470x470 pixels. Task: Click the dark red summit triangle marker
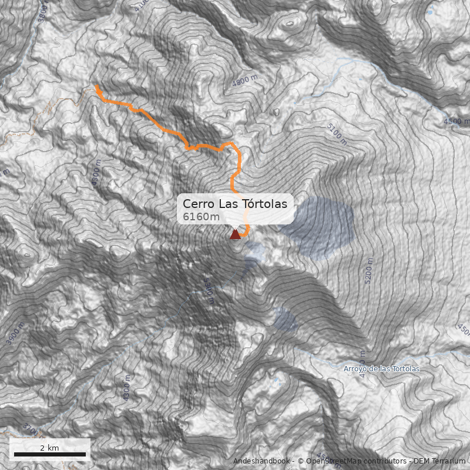tap(235, 235)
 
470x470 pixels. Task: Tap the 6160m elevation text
tap(201, 217)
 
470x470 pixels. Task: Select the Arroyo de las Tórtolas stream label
tap(381, 369)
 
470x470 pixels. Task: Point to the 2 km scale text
tap(49, 448)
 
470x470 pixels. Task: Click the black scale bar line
tap(49, 454)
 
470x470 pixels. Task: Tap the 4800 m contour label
tap(245, 81)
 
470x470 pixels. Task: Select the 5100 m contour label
tap(336, 135)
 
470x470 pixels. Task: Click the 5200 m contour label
tap(368, 271)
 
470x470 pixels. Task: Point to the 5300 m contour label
tap(209, 291)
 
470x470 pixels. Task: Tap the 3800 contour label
tap(42, 11)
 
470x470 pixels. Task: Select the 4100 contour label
tap(141, 5)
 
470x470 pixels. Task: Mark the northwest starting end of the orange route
tap(96, 87)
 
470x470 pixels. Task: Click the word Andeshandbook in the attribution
tap(261, 461)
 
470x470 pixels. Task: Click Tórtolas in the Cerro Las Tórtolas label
tap(264, 204)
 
